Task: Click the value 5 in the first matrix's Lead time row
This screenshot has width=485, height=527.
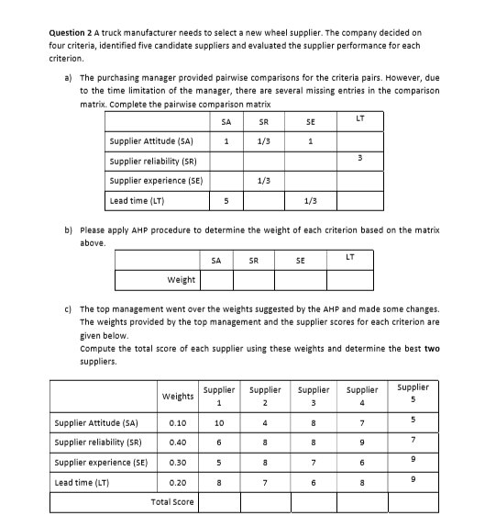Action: click(226, 200)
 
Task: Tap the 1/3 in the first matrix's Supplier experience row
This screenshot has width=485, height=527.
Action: click(263, 180)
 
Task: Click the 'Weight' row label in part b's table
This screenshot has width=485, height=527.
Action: click(181, 279)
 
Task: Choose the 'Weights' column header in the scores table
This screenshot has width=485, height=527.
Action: click(177, 397)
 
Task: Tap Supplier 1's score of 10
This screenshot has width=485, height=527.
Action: click(218, 423)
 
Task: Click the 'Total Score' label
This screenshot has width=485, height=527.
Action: click(171, 502)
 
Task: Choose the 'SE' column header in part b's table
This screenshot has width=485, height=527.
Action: click(301, 260)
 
